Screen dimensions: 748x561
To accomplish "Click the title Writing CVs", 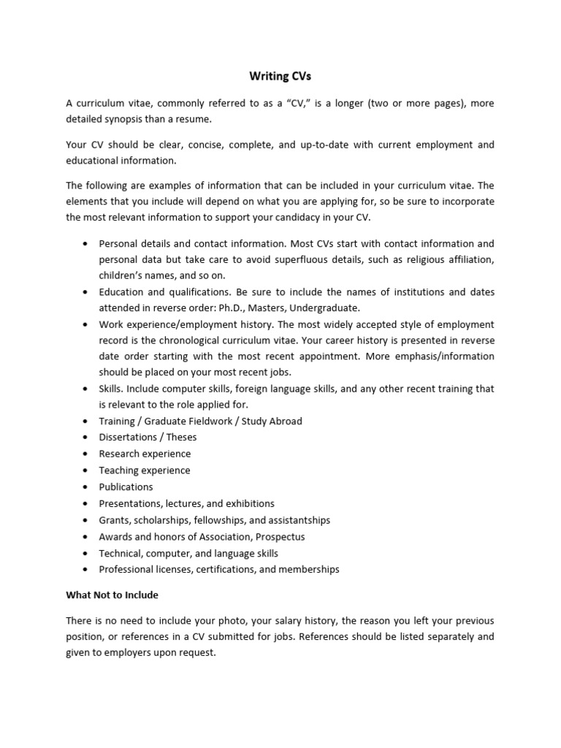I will click(280, 77).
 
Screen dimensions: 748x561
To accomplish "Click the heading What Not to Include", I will click(112, 595).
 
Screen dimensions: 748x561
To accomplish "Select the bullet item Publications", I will click(126, 487).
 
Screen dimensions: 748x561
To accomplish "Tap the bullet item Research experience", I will click(144, 454).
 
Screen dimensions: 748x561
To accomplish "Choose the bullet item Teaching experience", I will click(144, 470).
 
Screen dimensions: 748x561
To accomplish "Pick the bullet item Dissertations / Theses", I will click(148, 437).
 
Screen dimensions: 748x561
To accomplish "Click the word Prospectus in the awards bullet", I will click(280, 536).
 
